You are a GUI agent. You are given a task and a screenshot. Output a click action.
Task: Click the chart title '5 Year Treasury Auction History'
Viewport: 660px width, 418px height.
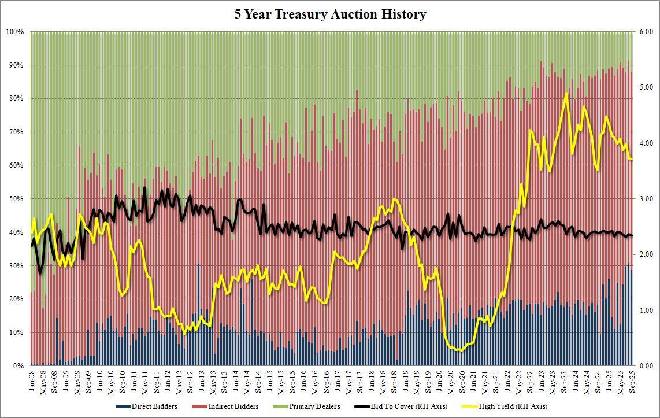(x=330, y=14)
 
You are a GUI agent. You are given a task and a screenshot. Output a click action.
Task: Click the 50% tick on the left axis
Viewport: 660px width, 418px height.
(x=16, y=199)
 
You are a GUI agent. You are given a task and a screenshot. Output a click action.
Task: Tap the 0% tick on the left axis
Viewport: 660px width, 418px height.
(x=17, y=366)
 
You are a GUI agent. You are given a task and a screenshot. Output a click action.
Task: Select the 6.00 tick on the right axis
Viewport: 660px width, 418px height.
(x=646, y=31)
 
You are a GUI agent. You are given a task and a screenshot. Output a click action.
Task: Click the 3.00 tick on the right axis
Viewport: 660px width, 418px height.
(x=646, y=199)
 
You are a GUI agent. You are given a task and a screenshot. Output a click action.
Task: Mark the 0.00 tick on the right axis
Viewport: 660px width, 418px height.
(x=646, y=366)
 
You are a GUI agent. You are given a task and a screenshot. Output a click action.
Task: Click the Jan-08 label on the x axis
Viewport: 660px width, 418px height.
(x=32, y=382)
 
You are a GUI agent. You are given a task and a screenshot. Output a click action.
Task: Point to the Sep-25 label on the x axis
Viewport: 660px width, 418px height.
(x=630, y=382)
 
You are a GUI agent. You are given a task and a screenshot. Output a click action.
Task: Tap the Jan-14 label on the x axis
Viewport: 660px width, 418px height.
(x=235, y=382)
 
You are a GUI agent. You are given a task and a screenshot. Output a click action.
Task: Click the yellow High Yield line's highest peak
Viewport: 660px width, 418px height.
(x=566, y=93)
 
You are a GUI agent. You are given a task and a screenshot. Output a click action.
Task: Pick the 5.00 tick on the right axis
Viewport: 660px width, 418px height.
(x=646, y=87)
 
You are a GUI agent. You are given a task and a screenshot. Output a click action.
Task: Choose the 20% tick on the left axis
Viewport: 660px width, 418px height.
(x=16, y=299)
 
